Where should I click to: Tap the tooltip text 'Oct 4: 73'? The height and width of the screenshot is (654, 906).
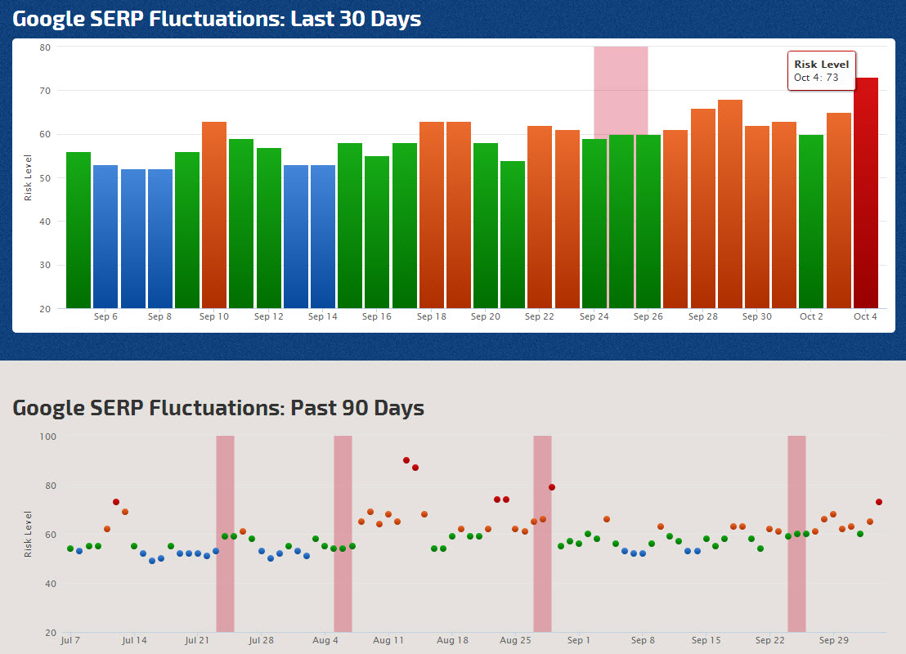tap(816, 78)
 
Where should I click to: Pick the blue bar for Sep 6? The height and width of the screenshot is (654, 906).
tap(105, 236)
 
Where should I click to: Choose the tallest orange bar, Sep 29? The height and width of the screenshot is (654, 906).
tap(730, 204)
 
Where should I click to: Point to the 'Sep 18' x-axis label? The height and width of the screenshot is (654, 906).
tap(431, 316)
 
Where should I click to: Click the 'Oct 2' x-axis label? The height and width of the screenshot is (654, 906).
tap(811, 316)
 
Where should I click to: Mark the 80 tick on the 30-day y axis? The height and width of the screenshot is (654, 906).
tap(45, 47)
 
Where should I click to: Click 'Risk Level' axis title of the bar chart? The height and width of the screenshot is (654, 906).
tap(29, 177)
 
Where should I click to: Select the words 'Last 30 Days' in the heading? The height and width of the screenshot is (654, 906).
tap(356, 18)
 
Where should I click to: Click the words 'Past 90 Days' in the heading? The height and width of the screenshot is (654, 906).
tap(357, 407)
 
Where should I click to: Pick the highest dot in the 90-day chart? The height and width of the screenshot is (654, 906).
tap(406, 460)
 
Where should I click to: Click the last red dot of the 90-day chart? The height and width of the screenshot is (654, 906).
tap(879, 502)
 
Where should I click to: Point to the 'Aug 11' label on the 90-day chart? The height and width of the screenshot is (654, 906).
tap(388, 640)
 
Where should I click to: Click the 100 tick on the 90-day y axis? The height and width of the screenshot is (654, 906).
tap(47, 437)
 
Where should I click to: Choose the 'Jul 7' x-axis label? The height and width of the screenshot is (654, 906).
tap(70, 640)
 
